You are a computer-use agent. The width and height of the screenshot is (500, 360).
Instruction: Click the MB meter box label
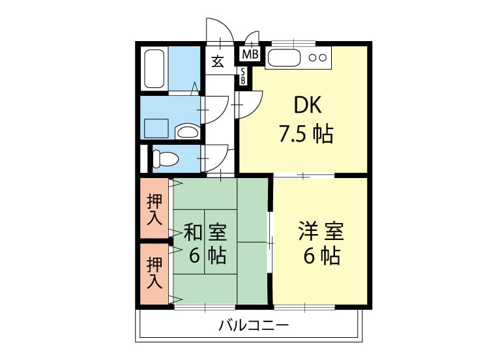click(x=250, y=54)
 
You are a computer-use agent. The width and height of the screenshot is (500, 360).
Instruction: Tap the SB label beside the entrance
click(x=243, y=76)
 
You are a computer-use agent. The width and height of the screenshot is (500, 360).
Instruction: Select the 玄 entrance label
click(x=218, y=61)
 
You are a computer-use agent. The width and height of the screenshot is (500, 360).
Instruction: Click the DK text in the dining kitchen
click(x=308, y=105)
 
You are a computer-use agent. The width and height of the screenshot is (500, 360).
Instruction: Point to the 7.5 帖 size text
click(x=306, y=134)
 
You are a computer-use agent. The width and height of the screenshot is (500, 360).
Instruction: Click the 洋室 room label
click(x=321, y=231)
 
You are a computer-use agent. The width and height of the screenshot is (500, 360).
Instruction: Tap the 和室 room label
click(x=205, y=232)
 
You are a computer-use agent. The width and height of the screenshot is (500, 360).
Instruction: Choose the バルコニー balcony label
click(x=254, y=325)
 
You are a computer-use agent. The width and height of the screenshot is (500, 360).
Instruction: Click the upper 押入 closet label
click(x=154, y=210)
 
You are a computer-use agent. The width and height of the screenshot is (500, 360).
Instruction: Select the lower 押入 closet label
click(x=154, y=273)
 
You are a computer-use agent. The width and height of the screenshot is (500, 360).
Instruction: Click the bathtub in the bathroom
click(x=154, y=68)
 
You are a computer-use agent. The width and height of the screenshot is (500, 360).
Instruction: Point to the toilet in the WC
click(x=165, y=158)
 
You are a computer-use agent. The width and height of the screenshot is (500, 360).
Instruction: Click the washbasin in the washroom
click(x=187, y=132)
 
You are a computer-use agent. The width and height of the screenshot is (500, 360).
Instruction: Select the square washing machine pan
click(x=156, y=128)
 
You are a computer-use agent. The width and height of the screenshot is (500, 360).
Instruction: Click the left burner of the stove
click(x=312, y=58)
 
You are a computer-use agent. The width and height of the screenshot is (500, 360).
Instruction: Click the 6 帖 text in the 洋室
click(x=321, y=255)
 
